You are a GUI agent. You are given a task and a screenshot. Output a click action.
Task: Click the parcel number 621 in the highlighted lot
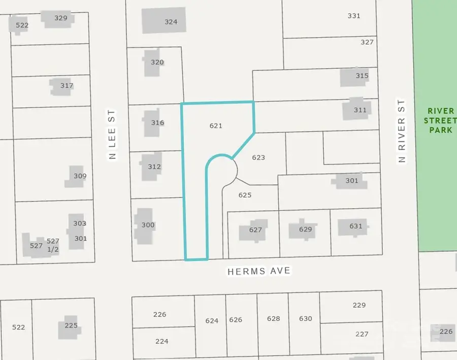[216, 125]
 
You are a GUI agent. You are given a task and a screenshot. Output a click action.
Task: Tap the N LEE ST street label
[112, 134]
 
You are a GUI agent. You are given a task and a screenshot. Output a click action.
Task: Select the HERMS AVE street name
[259, 271]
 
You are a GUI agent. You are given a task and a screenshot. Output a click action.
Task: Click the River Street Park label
[440, 120]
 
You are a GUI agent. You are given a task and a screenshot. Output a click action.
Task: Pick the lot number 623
[258, 157]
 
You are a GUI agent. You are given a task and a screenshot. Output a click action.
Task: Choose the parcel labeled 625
[245, 194]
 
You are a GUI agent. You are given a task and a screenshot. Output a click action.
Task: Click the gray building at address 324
[164, 21]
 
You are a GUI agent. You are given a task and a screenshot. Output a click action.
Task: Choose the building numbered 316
[152, 123]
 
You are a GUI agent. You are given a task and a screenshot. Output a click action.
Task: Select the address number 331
[354, 16]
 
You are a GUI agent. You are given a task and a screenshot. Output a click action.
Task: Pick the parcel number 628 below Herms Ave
[273, 318]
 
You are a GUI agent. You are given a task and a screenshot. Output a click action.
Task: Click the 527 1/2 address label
[53, 245]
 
